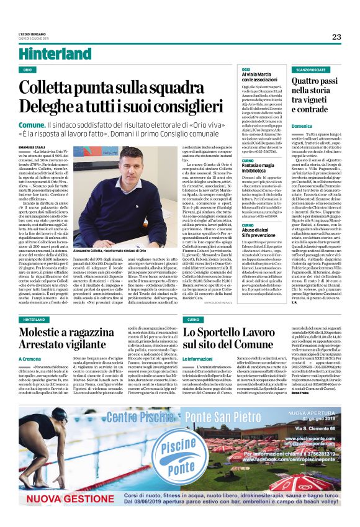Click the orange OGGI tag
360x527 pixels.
point(246,70)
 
